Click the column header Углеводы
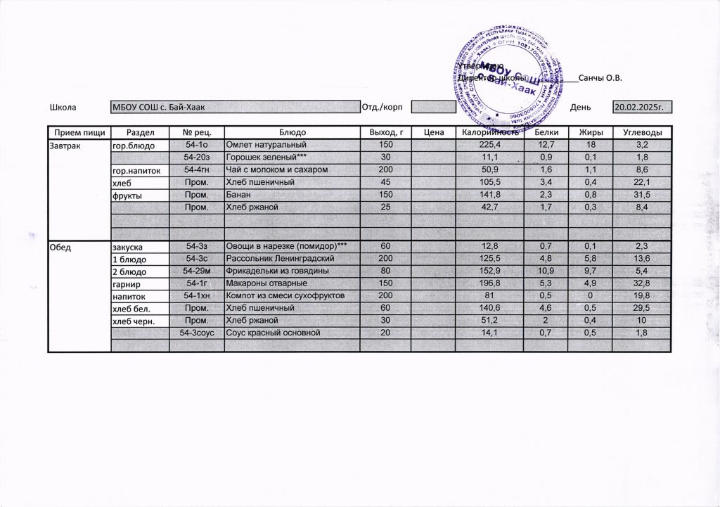[642, 132]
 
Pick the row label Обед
[59, 247]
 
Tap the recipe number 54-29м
[198, 271]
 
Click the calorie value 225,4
[489, 145]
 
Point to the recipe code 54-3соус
[198, 332]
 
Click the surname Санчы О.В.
[601, 78]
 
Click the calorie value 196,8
[489, 284]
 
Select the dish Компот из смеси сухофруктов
[284, 296]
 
